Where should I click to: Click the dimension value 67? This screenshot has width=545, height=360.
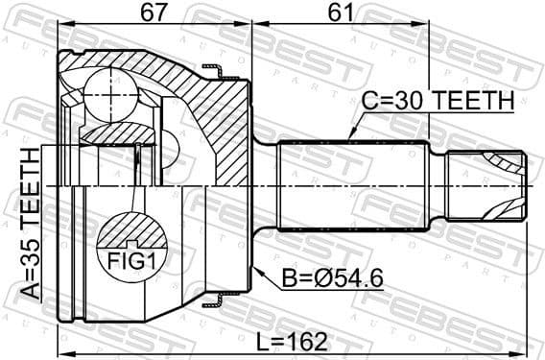153,13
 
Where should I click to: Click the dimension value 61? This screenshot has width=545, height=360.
341,13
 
